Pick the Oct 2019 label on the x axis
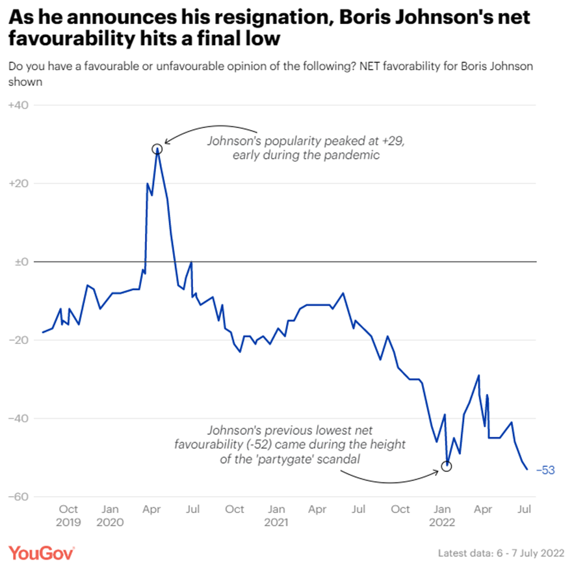pos(68,515)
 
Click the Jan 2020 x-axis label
pos(110,515)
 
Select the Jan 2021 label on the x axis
pos(276,515)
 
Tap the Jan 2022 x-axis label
pos(442,515)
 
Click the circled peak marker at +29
pos(157,149)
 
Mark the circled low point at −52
pos(446,466)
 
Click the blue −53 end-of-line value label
pos(545,470)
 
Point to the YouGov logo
pos(42,553)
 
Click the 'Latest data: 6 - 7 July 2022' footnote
pos(501,553)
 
